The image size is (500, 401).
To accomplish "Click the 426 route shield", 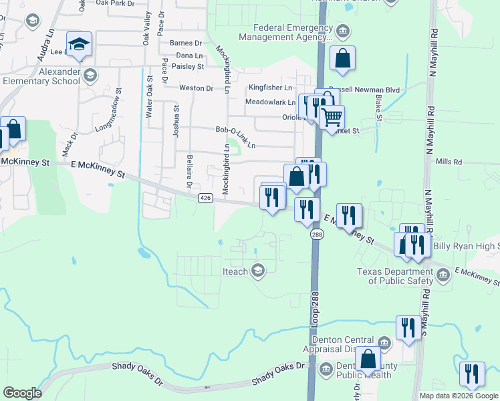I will pyautogui.click(x=205, y=198).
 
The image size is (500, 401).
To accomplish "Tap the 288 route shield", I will pyautogui.click(x=315, y=235).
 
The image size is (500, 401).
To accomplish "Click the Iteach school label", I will pyautogui.click(x=235, y=271).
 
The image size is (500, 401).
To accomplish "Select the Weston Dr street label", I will pyautogui.click(x=196, y=88).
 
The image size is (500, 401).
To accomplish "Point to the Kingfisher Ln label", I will pyautogui.click(x=271, y=88).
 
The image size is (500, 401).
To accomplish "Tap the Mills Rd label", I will pyautogui.click(x=449, y=162).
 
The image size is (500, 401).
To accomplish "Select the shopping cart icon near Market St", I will pyautogui.click(x=332, y=118).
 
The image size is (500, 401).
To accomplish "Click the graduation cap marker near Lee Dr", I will pyautogui.click(x=80, y=45).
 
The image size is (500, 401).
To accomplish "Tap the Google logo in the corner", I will pyautogui.click(x=22, y=393).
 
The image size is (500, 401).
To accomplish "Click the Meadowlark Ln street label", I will pyautogui.click(x=270, y=102).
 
